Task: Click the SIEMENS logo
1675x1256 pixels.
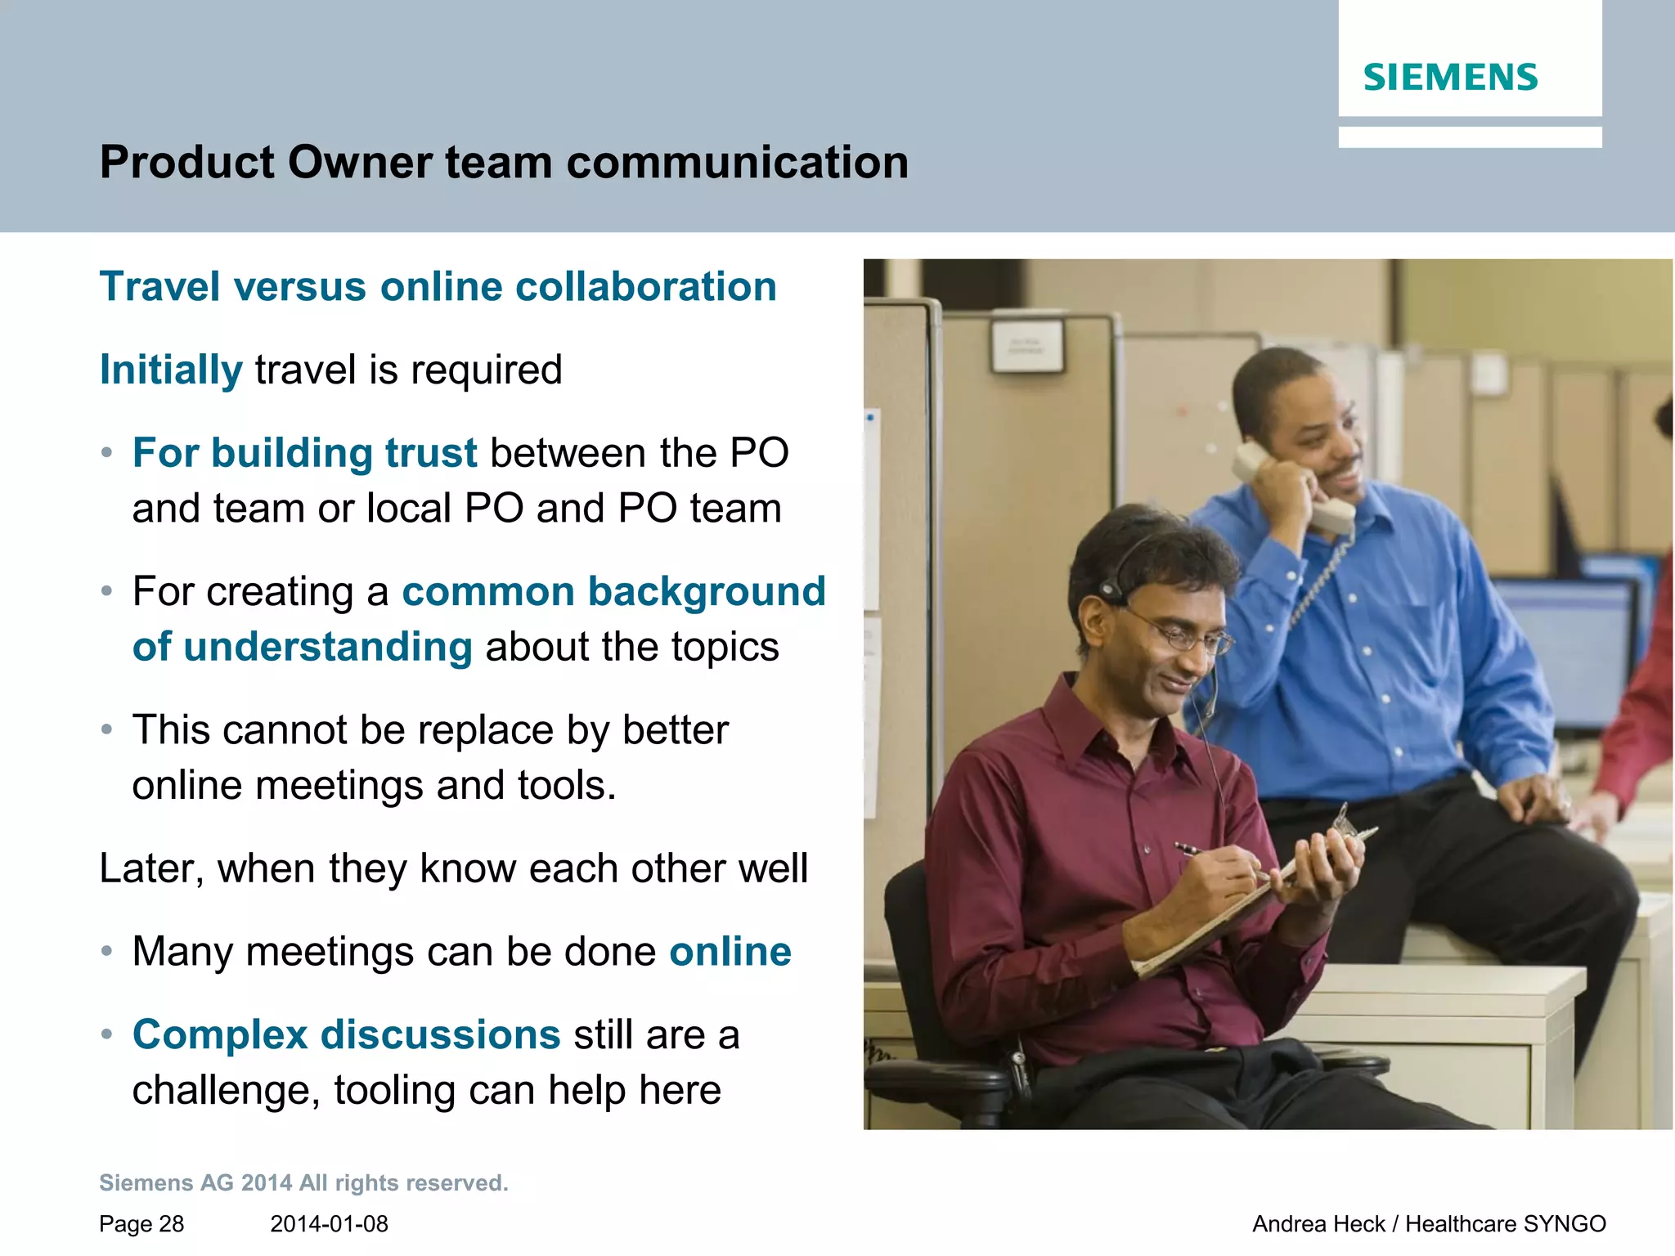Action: [x=1449, y=78]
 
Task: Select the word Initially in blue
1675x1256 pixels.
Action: [x=171, y=370]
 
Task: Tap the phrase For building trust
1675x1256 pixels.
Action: [x=304, y=453]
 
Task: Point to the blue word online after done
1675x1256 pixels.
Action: [x=730, y=952]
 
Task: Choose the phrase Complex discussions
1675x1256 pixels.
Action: [x=346, y=1034]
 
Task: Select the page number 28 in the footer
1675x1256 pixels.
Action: [x=171, y=1224]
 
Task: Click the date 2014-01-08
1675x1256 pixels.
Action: [x=329, y=1224]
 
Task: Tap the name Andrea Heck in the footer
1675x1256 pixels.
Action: [x=1318, y=1224]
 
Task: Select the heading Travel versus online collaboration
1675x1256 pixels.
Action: [x=438, y=287]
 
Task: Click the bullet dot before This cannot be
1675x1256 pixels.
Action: [x=106, y=729]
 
